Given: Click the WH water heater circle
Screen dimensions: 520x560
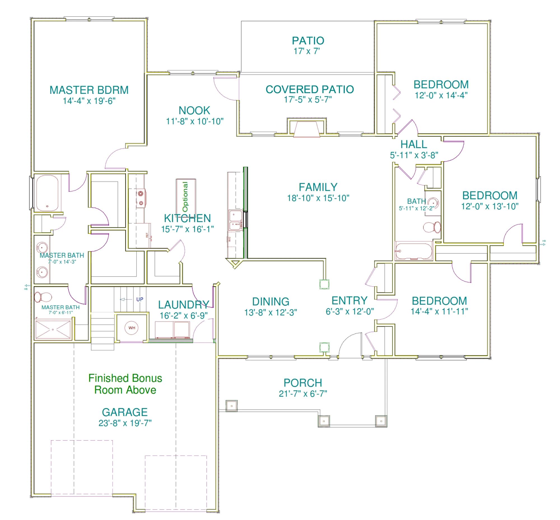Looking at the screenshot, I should pos(132,328).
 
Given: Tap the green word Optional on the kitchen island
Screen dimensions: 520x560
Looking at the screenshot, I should pos(185,197).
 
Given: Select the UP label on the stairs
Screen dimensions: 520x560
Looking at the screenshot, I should pos(139,299).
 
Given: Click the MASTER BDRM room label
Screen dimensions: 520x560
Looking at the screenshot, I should pos(89,90).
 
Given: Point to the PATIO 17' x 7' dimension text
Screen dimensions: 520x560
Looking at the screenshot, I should pos(307,51).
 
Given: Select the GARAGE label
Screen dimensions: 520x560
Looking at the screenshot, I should pos(125,412).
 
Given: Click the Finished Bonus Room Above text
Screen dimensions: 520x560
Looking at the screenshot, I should pos(125,384).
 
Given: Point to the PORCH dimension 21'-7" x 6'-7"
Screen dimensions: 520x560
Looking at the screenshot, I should pos(303,393).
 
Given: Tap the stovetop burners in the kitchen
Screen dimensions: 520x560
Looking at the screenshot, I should pos(141,198).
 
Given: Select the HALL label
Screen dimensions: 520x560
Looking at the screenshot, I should pos(414,144).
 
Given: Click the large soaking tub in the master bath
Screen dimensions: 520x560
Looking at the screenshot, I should pos(47,193).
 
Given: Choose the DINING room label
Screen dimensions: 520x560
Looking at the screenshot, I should pos(270,302).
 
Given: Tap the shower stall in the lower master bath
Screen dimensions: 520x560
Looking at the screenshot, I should pos(53,329).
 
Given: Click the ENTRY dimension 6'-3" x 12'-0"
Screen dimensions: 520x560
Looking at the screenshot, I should pos(349,311).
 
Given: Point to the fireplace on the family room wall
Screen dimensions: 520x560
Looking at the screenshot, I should pos(307,128).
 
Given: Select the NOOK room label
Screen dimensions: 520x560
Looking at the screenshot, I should pos(194,110).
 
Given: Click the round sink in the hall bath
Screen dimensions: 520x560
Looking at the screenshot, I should pos(433,203).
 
